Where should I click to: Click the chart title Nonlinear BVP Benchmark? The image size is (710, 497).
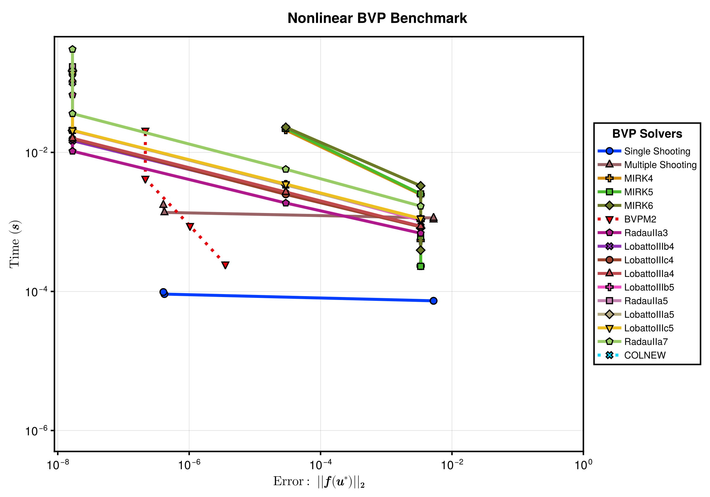(x=377, y=18)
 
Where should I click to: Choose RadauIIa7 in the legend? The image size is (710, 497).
(x=633, y=342)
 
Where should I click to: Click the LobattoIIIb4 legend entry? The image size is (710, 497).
(x=636, y=246)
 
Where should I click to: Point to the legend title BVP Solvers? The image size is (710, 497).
(x=647, y=134)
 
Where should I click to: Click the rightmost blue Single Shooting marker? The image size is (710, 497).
(x=434, y=301)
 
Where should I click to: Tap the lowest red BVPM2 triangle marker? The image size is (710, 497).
(x=225, y=265)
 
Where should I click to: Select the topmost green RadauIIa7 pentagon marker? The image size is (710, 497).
(x=72, y=49)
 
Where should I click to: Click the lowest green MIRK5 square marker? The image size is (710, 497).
(x=420, y=266)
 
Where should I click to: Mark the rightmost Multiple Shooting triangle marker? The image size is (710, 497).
(x=434, y=218)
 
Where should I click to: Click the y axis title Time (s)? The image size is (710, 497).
(x=15, y=244)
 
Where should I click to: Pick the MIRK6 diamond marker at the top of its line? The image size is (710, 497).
(x=286, y=128)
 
